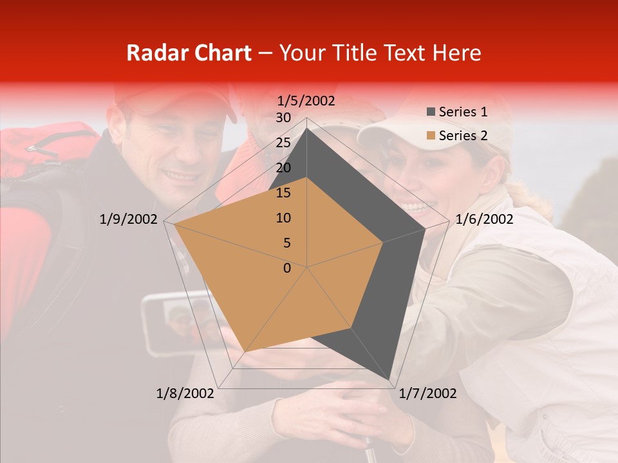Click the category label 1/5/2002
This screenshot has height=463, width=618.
(x=306, y=101)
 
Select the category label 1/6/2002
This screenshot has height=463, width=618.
(x=484, y=219)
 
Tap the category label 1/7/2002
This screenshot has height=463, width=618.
(x=428, y=394)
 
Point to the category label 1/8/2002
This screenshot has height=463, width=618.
(x=185, y=394)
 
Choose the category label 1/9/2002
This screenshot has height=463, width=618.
(x=129, y=219)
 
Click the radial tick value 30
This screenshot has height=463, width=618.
(x=283, y=118)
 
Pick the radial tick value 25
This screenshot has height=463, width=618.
(x=283, y=143)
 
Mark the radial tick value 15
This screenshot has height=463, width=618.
(x=283, y=193)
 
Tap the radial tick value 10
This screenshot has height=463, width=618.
(x=283, y=218)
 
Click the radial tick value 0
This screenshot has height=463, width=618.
(x=287, y=268)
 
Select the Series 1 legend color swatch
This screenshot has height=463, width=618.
(x=431, y=112)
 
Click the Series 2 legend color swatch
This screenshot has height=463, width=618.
(x=431, y=136)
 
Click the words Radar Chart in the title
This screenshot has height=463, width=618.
(x=189, y=53)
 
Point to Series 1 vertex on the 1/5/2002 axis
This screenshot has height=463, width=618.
(x=307, y=128)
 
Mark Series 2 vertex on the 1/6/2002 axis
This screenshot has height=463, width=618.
(x=383, y=242)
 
